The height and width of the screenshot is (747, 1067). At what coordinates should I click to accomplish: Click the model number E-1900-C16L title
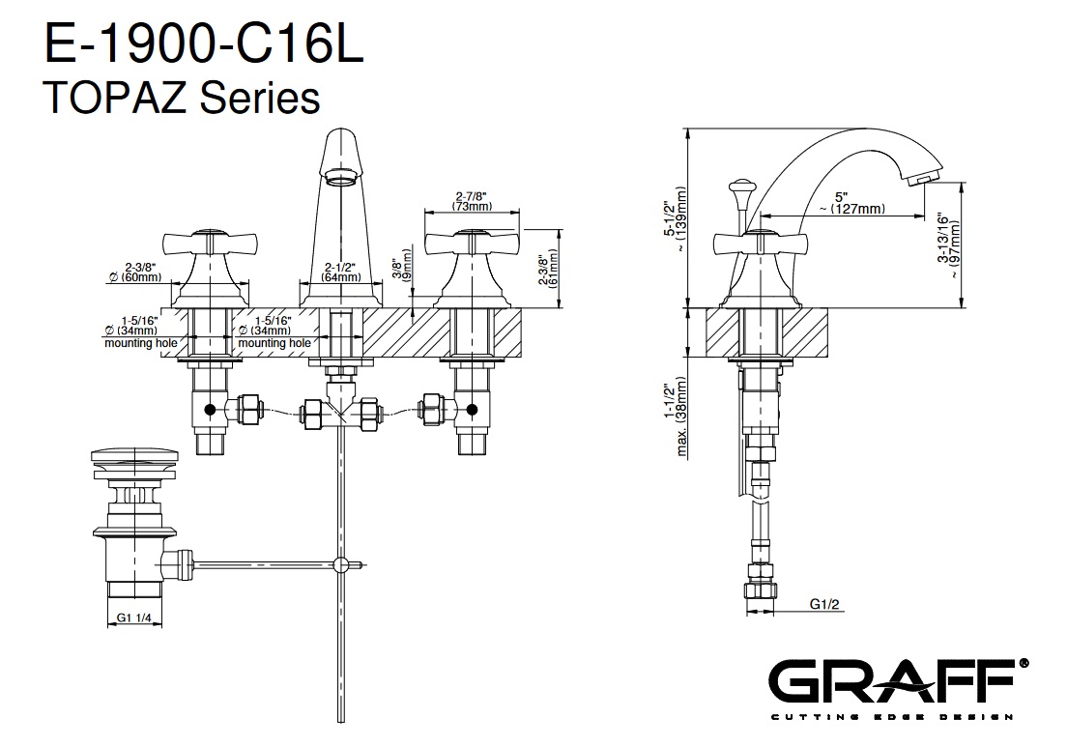(x=204, y=43)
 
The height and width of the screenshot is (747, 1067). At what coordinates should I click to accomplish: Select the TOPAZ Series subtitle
(x=181, y=97)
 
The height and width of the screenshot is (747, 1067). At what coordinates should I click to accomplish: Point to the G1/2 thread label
(x=824, y=603)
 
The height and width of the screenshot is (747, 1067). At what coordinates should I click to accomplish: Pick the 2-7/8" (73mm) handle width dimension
(x=472, y=201)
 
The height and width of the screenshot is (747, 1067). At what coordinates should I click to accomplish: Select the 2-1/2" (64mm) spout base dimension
(x=341, y=273)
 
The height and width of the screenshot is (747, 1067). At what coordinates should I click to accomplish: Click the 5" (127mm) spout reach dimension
(x=852, y=203)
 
